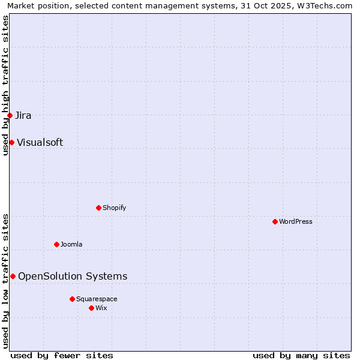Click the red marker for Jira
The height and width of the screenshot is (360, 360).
tap(10, 115)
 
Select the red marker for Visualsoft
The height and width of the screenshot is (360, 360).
tap(11, 142)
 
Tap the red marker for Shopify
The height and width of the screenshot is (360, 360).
tap(98, 208)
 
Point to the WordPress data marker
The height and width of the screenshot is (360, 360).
tap(275, 221)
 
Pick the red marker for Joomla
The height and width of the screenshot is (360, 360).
tap(56, 244)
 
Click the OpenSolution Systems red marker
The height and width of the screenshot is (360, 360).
tap(13, 276)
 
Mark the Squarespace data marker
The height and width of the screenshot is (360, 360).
tap(72, 299)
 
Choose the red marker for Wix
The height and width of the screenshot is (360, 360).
tap(91, 308)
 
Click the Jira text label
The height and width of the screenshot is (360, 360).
tap(23, 115)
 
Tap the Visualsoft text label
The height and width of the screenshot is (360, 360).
tap(40, 142)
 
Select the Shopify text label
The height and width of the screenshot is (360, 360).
tap(114, 208)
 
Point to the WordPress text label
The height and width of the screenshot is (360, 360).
tap(295, 221)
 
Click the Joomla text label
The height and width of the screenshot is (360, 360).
tap(71, 244)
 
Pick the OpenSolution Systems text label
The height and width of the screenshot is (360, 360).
tap(73, 276)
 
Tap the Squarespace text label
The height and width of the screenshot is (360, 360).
tap(97, 299)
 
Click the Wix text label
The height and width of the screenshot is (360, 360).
tap(101, 308)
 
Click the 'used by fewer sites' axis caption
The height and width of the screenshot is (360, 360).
tap(62, 355)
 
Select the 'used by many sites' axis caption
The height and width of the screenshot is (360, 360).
tap(301, 355)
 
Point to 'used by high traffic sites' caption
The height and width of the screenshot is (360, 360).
tap(5, 85)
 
